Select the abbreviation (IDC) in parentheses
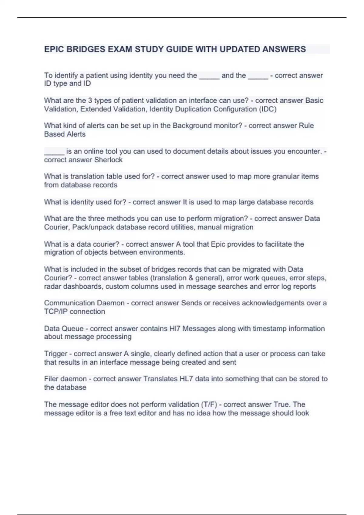click(x=268, y=109)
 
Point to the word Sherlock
click(x=108, y=160)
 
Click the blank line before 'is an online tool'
click(x=54, y=151)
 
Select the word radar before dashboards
click(x=52, y=287)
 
